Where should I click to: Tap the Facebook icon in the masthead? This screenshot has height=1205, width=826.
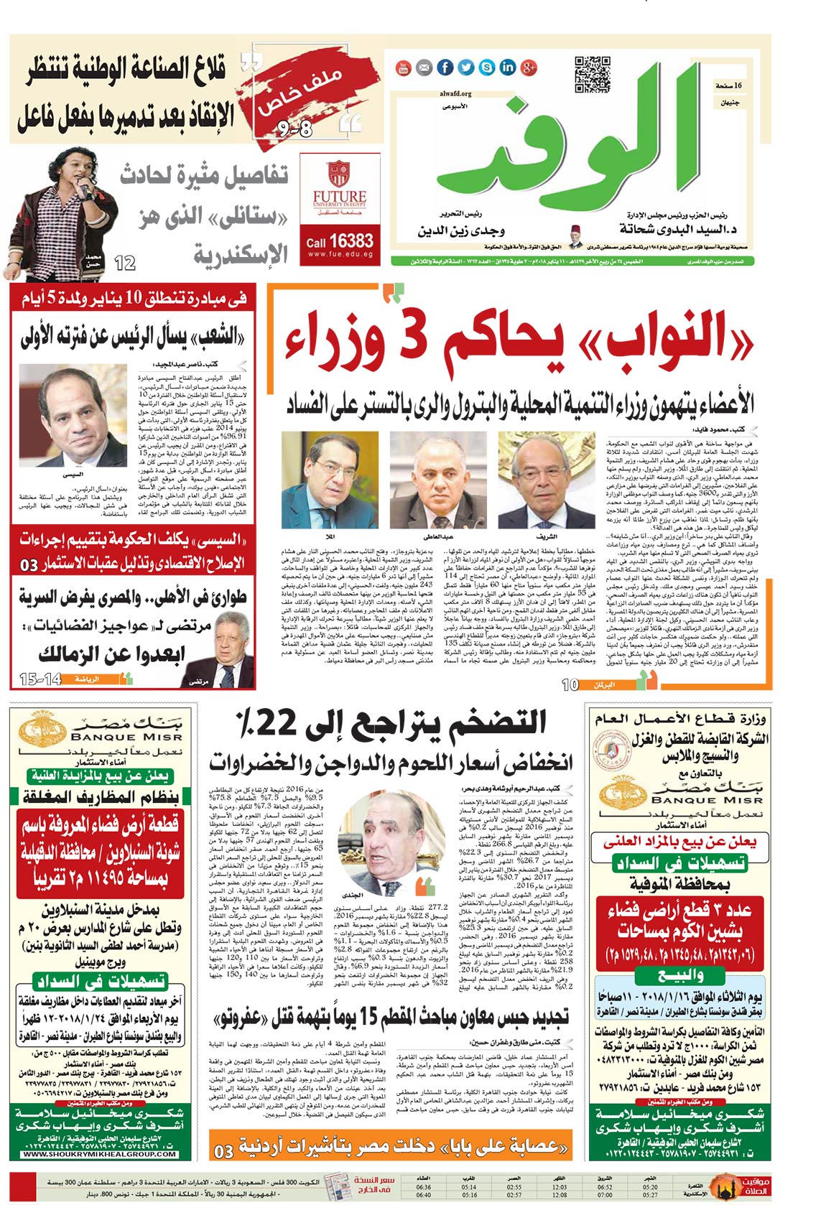(445, 68)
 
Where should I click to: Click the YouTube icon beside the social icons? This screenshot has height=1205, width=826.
(404, 68)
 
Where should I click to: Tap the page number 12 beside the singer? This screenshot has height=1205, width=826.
(125, 264)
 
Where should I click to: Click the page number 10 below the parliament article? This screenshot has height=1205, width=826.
(570, 684)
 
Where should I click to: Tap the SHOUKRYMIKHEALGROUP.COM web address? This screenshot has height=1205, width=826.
(99, 1154)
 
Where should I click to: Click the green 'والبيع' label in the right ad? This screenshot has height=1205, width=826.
(678, 976)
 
